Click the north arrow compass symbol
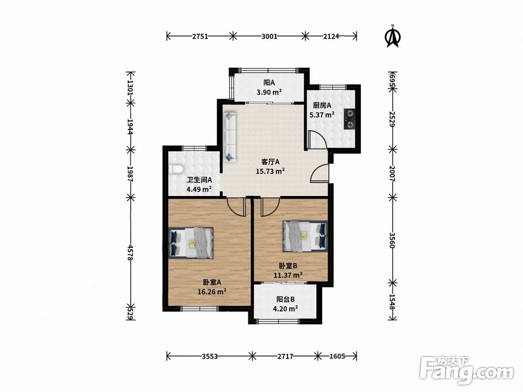tap(393, 37)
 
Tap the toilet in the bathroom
tap(175, 169)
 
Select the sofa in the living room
tap(230, 137)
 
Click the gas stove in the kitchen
tap(349, 119)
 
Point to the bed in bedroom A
tap(191, 243)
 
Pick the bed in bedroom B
tap(305, 236)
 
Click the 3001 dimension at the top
tap(269, 37)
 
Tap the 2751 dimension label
tap(200, 37)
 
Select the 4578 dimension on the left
tap(130, 253)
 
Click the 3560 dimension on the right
tap(392, 240)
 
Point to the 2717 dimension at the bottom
tap(286, 356)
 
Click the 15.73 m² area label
tap(270, 171)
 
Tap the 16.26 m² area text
tap(212, 292)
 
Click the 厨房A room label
tap(322, 106)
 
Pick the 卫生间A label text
tap(199, 180)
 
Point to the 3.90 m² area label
tap(269, 92)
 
